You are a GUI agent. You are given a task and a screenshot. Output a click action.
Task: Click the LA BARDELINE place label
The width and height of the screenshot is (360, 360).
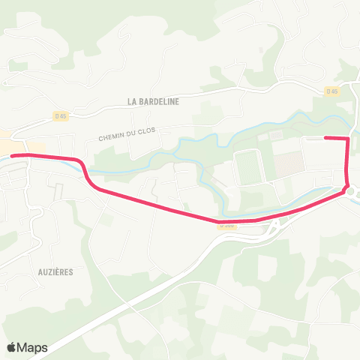point(153,101)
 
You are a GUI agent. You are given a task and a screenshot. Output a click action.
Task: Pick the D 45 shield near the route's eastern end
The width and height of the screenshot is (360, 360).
point(331,91)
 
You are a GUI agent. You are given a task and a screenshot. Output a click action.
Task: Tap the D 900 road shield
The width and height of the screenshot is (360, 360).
point(226,223)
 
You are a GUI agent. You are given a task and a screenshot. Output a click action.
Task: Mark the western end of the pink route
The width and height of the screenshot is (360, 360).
point(12,155)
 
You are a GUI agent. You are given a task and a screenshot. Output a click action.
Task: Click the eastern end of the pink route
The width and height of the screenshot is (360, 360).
point(325,137)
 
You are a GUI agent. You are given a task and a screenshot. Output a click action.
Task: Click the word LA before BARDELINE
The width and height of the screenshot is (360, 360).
point(132,101)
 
